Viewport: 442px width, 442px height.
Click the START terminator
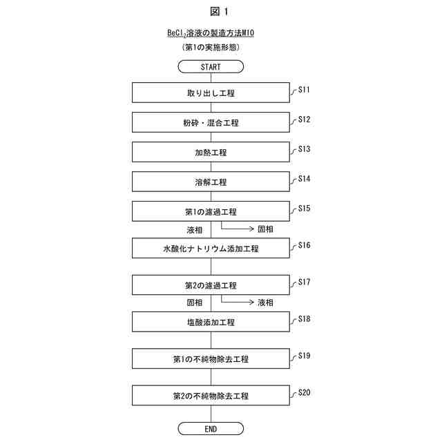(x=211, y=67)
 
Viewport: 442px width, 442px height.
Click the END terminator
(x=211, y=429)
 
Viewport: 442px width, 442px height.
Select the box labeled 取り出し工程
(x=211, y=93)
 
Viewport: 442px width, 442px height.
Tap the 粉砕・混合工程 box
(x=211, y=122)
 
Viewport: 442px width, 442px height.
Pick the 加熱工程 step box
(x=211, y=152)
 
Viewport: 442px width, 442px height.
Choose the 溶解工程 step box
(x=211, y=182)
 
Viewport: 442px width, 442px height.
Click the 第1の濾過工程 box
(x=211, y=211)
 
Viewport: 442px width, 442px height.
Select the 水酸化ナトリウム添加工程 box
(x=211, y=248)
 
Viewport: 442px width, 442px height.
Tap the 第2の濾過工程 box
(x=211, y=285)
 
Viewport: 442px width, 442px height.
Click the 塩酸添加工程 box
(x=211, y=322)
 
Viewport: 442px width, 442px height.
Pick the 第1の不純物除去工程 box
(x=211, y=359)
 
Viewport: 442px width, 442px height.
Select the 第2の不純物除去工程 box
(x=211, y=396)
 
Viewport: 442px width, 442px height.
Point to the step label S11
(x=304, y=90)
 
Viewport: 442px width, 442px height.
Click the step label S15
(x=304, y=208)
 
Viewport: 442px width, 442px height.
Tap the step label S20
(x=304, y=392)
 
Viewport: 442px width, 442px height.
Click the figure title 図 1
(x=220, y=11)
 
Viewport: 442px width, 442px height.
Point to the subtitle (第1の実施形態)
(x=211, y=47)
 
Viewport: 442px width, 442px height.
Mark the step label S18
(x=304, y=318)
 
